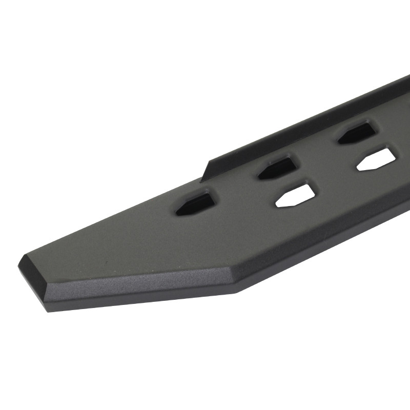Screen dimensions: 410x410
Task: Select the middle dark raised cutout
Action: (277, 167)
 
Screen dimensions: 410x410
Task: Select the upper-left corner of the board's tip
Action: (23, 257)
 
